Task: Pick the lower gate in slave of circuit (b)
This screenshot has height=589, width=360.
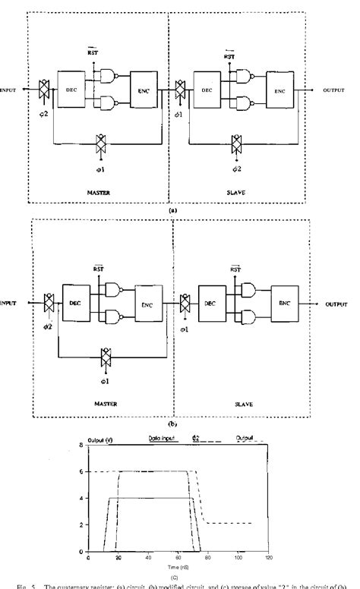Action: click(247, 315)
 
